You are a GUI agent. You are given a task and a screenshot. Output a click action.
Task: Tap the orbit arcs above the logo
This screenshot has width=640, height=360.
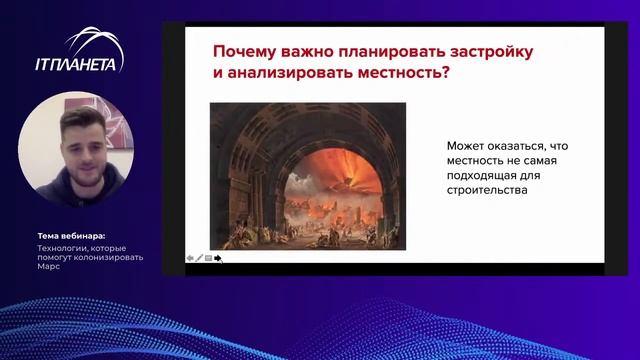pos(95,42)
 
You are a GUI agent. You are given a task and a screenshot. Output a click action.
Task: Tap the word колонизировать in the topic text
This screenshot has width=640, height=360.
pos(110,257)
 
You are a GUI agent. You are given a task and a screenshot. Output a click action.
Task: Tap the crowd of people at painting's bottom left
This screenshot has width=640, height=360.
pos(245,235)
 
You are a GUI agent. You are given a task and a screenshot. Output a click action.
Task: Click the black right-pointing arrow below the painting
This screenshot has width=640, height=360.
pos(218,258)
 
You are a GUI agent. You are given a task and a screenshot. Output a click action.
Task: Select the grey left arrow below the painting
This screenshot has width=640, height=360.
pos(190,258)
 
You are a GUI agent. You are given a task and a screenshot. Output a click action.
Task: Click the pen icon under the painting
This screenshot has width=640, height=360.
pos(199,258)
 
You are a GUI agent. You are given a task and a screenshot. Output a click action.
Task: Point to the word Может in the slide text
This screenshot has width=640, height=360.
pos(464,146)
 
